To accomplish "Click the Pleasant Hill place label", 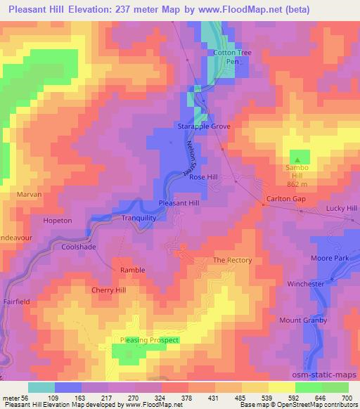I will [x=179, y=202].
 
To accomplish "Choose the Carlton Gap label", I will [x=285, y=199].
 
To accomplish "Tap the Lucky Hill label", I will [x=342, y=209].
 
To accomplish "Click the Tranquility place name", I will [x=139, y=218].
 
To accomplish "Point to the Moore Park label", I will [x=330, y=259].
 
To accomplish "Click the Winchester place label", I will [x=305, y=284].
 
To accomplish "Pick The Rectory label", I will [x=232, y=260].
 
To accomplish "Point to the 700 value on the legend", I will [x=348, y=398].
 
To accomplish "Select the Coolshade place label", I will [x=79, y=247].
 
